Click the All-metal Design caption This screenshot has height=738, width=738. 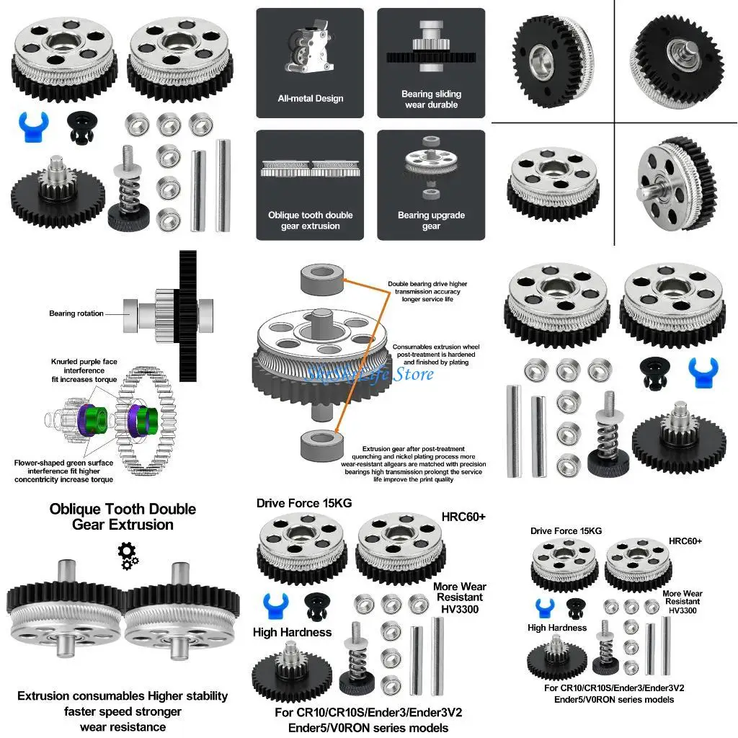point(311,99)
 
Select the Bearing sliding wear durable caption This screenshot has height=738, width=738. point(431,99)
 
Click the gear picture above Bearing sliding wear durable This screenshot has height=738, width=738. point(431,47)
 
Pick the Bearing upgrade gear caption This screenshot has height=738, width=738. point(431,221)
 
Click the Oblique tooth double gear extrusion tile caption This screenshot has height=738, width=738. point(311,221)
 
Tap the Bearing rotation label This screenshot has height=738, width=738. point(76,314)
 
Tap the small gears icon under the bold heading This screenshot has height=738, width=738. point(128,555)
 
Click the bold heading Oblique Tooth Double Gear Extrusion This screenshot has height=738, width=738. point(123,517)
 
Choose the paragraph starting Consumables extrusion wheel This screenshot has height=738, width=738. point(430,355)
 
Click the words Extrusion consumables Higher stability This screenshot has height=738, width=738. point(123,696)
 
